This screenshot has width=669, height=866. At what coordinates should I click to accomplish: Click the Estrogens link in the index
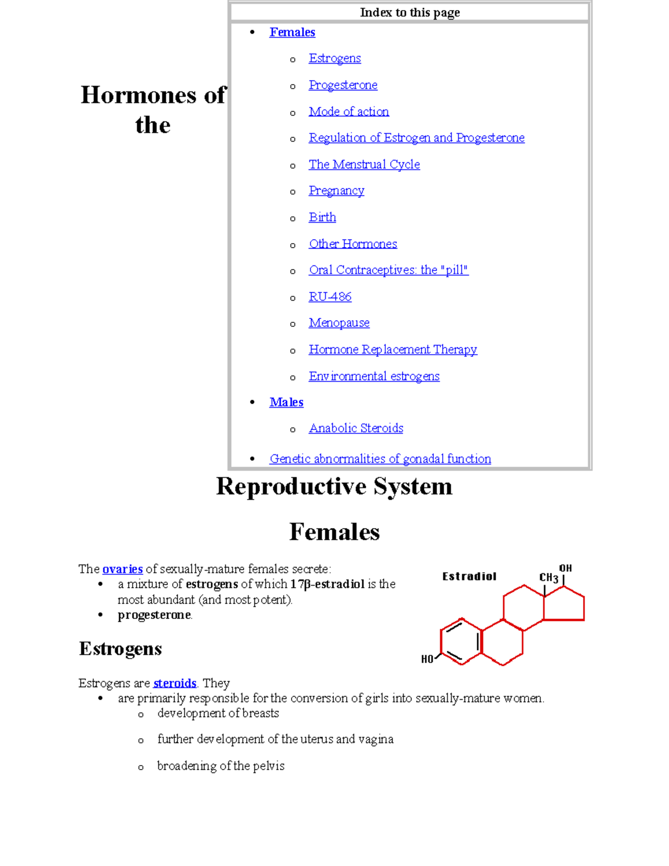tap(334, 59)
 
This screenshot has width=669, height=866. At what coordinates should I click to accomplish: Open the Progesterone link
tap(343, 85)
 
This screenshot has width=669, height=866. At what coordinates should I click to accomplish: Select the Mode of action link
tap(349, 112)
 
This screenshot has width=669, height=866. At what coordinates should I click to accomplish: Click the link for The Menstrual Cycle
tap(364, 165)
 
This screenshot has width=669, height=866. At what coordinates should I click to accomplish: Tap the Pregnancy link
tap(336, 191)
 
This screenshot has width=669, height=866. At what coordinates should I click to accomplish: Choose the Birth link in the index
tap(322, 217)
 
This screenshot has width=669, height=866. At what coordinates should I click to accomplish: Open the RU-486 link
tap(330, 297)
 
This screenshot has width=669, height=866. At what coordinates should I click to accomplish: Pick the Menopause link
tap(339, 323)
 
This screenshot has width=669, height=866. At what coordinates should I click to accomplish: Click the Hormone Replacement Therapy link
tap(392, 350)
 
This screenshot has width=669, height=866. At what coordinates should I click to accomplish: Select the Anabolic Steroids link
tap(356, 428)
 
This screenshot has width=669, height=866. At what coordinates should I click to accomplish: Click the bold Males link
tap(286, 402)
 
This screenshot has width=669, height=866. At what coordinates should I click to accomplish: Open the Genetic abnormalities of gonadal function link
tap(380, 459)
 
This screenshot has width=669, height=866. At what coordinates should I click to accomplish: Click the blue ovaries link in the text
tap(123, 569)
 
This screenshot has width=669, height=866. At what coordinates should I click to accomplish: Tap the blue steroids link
tap(174, 683)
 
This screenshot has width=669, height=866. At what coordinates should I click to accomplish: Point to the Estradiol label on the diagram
tap(469, 577)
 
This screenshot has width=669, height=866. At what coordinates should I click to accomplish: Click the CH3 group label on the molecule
tap(549, 578)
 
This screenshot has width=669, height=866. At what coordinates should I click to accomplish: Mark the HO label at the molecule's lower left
tap(427, 659)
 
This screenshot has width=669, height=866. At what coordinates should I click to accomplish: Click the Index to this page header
tap(410, 12)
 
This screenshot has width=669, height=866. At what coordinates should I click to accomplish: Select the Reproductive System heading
tap(334, 486)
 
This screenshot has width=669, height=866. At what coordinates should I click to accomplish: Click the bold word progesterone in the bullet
tap(154, 615)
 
